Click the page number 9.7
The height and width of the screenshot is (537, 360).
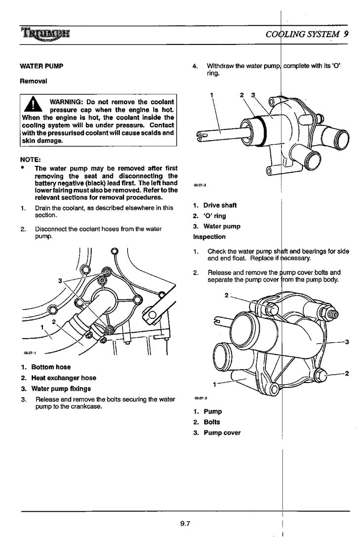(185, 523)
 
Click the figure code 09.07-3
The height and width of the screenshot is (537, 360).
(200, 398)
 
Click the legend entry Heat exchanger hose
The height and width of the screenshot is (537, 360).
(63, 378)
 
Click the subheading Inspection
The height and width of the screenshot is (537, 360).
(209, 237)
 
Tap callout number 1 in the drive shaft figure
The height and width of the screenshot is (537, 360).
(211, 94)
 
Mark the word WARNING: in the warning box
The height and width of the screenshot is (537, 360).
(66, 102)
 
